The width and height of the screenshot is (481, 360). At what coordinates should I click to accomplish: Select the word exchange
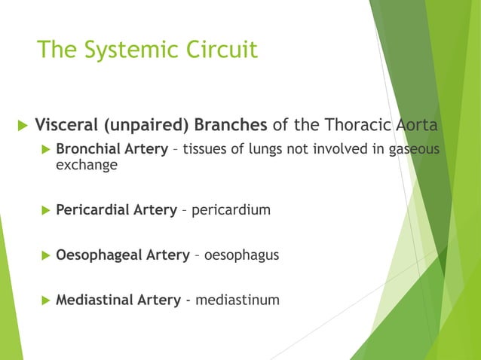pyautogui.click(x=87, y=165)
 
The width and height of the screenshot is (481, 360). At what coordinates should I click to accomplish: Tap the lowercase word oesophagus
pyautogui.click(x=241, y=256)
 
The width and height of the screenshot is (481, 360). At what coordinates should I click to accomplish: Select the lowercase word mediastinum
pyautogui.click(x=237, y=301)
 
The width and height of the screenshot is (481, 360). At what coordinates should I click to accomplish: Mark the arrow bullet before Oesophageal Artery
pyautogui.click(x=45, y=256)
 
